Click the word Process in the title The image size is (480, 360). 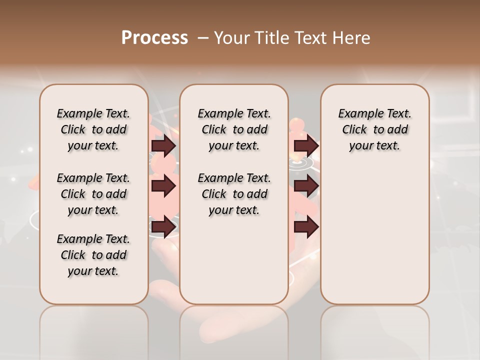(x=154, y=38)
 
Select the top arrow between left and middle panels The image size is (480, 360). (x=163, y=146)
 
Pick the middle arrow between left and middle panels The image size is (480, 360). (x=163, y=186)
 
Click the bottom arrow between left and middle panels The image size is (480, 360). (x=163, y=227)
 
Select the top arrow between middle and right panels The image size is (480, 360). (x=306, y=146)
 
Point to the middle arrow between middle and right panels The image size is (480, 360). (x=306, y=186)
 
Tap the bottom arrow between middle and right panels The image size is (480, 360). (x=306, y=227)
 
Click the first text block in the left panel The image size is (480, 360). (x=93, y=129)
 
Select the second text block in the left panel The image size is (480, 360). (x=93, y=194)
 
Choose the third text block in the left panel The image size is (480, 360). (x=93, y=255)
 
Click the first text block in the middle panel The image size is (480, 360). (x=234, y=129)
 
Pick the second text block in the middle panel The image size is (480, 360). (x=234, y=194)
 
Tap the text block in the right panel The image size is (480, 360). (x=374, y=129)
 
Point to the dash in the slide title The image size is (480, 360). (x=203, y=38)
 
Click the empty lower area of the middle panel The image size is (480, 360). (x=234, y=260)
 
